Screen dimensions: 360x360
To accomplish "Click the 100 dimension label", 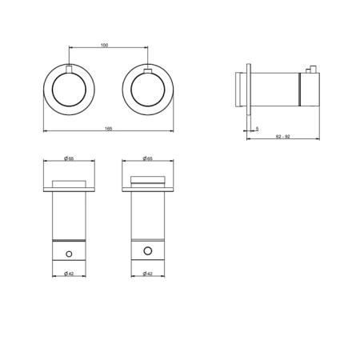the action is coord(105,45).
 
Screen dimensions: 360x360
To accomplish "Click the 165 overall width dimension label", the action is coord(108,129).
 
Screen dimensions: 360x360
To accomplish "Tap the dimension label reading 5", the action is coord(257,129).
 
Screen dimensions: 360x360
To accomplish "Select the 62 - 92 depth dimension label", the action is coord(283,137).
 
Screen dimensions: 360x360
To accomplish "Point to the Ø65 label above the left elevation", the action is coord(69,158).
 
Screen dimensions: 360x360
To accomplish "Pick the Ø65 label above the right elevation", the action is coord(147,158).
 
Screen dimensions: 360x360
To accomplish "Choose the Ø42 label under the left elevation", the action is coord(69,274).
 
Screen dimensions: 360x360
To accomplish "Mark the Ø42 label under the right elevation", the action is coord(147,274).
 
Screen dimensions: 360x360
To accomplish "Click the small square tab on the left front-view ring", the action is coord(69,69).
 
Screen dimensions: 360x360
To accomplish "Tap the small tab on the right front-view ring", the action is coord(148,70).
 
